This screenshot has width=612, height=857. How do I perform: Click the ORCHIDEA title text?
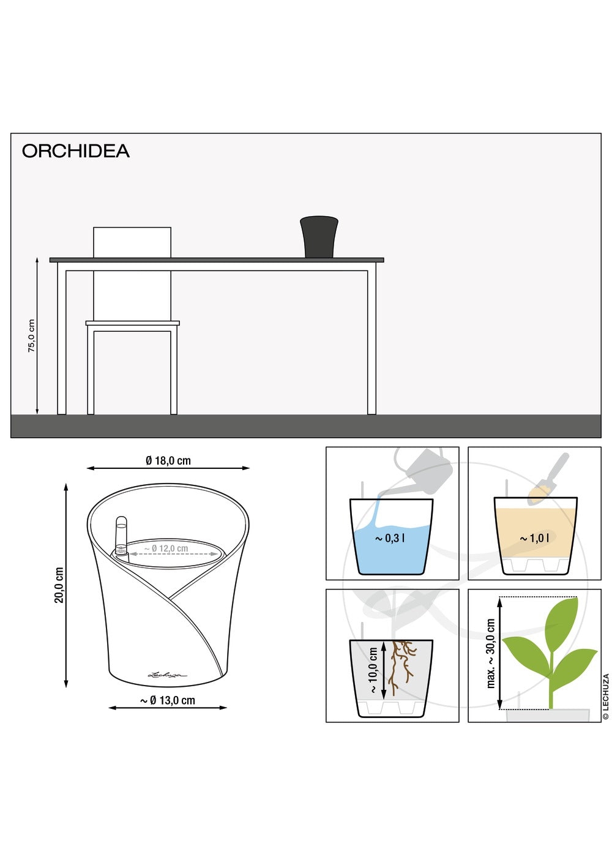coord(75,151)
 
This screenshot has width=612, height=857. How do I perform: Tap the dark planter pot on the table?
coord(319,237)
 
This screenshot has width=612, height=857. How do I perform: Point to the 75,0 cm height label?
coord(31,335)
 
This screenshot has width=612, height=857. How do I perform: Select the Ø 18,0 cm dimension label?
coord(168,460)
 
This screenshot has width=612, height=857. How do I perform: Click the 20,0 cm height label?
coord(59,585)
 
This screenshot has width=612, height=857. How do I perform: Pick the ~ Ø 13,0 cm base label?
coord(168,700)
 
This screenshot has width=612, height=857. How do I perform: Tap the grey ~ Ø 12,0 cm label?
coord(166,548)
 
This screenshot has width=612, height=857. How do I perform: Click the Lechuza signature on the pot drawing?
coord(168,675)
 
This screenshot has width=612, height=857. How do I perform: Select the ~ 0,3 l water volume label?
coord(390,538)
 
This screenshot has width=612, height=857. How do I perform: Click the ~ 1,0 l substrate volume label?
coord(534,538)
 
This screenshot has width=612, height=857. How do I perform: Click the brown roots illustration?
coord(401,667)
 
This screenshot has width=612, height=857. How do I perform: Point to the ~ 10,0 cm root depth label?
coord(373,670)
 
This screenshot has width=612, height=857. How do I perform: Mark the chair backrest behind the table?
coord(132,242)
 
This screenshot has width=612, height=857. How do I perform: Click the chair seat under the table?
coord(132,323)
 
